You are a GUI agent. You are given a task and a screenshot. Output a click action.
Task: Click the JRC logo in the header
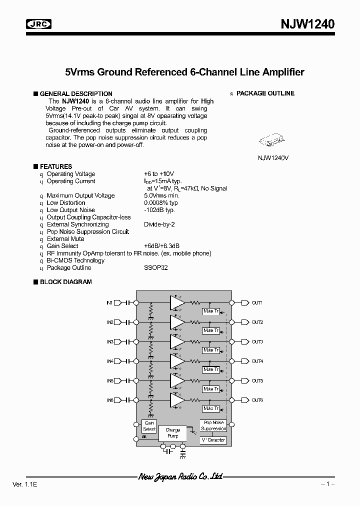point(38,24)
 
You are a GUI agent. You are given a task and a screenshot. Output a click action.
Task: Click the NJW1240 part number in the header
point(306,23)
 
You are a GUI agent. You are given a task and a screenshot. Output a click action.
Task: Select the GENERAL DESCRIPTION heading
point(75,93)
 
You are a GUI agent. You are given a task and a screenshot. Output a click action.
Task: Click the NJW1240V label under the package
point(273,157)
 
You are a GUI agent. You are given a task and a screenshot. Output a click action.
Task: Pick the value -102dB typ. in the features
point(159,210)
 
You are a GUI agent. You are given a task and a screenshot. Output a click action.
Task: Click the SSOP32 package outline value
point(155,267)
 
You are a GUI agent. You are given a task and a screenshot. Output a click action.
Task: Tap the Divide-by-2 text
point(159,224)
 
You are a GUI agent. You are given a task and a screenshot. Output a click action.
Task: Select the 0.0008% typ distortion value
point(160,203)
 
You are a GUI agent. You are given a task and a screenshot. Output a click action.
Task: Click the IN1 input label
point(109,302)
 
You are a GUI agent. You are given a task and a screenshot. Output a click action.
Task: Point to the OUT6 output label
point(257,400)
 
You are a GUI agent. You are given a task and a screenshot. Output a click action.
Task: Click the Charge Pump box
point(172,433)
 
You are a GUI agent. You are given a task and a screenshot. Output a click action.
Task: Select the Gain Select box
point(149,426)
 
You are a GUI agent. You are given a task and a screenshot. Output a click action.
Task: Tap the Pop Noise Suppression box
point(213,425)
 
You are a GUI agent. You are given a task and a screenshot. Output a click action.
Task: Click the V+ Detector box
point(213,440)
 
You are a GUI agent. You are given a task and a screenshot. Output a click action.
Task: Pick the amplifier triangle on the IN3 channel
point(176,341)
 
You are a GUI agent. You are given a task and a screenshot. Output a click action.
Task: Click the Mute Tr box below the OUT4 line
point(210,369)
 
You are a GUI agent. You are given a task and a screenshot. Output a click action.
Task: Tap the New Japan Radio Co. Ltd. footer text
point(180,477)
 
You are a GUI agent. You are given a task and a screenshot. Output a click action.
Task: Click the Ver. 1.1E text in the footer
point(23,485)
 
